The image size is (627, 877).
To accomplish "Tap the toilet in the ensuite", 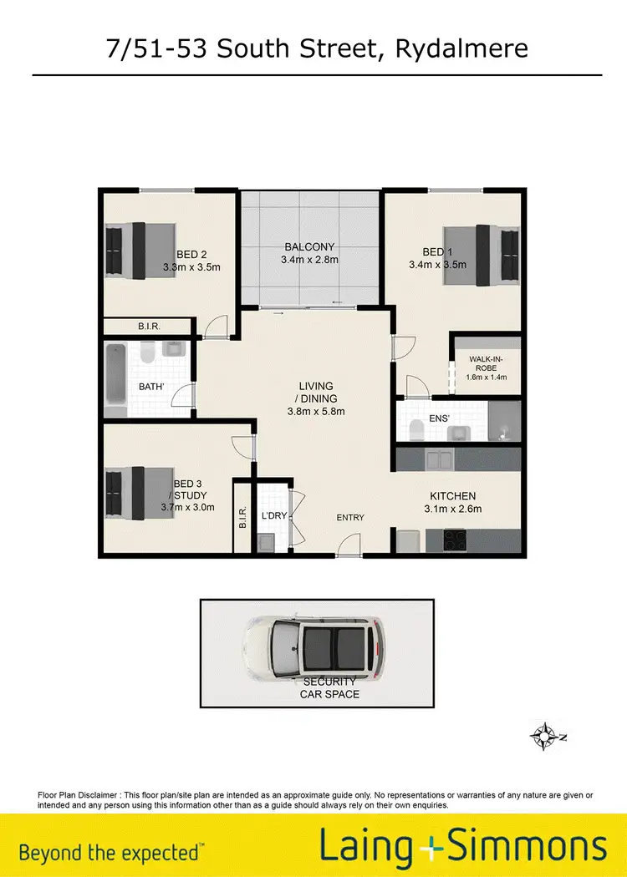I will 417,428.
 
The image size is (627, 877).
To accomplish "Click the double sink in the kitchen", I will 441,459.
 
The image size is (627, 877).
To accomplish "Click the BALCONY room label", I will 309,246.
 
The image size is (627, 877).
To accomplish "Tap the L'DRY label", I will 274,516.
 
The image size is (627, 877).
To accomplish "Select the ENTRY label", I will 350,518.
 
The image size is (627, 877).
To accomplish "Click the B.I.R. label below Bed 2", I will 149,327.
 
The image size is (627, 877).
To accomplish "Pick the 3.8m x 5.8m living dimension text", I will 316,411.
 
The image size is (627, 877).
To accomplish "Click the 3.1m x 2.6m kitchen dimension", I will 453,509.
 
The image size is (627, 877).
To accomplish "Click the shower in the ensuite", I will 504,421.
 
